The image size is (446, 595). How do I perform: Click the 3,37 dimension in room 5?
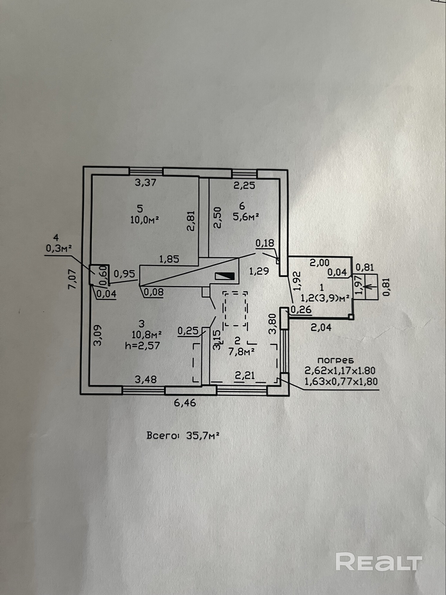pos(146,182)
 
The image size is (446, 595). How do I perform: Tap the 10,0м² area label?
pos(144,220)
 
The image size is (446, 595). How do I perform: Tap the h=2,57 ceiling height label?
pos(143,345)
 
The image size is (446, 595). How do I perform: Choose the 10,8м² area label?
pos(147,334)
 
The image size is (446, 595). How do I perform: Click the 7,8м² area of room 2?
pos(241,352)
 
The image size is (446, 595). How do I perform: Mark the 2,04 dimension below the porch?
pos(321,328)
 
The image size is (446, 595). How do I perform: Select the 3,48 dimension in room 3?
pos(146,379)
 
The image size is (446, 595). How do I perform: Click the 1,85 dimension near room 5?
pos(169,259)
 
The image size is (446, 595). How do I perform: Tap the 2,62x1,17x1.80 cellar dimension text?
pos(340,371)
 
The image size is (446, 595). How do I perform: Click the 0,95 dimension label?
pos(125,273)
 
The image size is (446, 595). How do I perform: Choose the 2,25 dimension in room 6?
pos(244,185)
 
